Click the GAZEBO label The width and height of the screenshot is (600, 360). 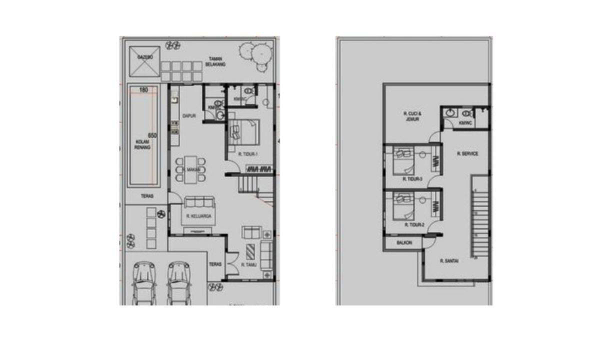point(144,58)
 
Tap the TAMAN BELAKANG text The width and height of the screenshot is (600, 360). point(216,61)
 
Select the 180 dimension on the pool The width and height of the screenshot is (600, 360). point(143,90)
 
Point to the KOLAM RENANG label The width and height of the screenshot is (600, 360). point(143,145)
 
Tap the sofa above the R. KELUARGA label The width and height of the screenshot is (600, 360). point(199,203)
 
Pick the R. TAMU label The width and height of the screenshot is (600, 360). point(248,265)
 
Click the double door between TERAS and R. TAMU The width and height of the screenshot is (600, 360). point(230,264)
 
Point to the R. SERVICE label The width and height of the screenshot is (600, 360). point(467,154)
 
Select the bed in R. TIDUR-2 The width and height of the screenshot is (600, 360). point(403,205)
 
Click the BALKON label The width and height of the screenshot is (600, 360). point(404,243)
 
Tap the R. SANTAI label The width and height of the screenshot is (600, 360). point(449,261)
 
